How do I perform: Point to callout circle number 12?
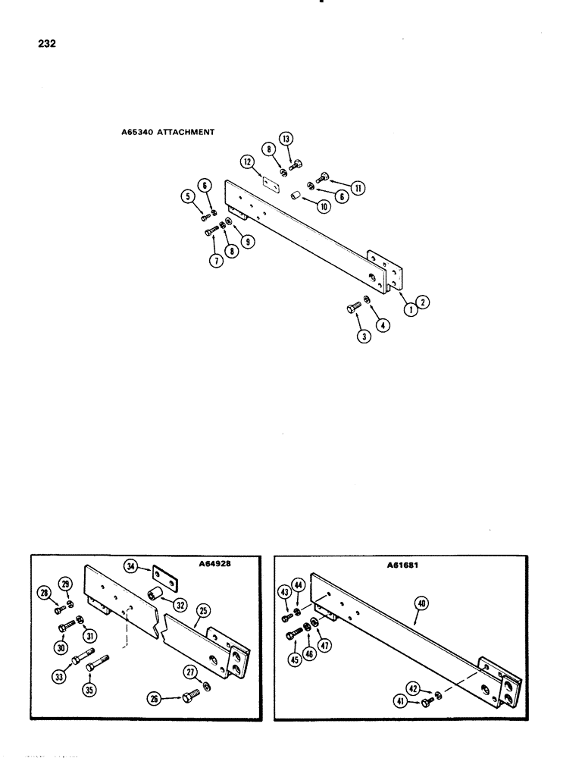247,161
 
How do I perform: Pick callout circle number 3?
364,339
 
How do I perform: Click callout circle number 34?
130,564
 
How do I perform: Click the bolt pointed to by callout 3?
352,308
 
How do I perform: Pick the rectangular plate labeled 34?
164,577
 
